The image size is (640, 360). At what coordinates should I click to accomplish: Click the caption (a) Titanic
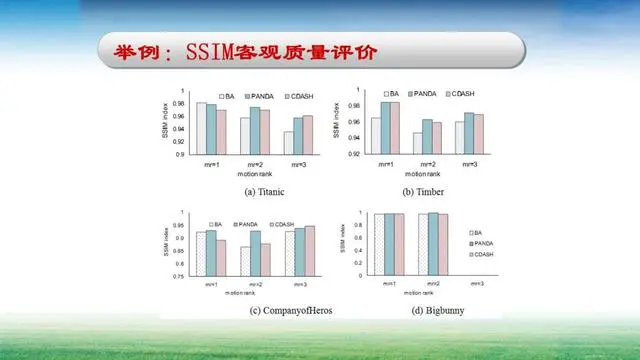point(245,189)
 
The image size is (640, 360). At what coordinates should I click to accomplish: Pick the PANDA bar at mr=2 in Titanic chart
point(255,130)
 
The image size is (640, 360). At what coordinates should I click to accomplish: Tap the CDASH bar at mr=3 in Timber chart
point(479,134)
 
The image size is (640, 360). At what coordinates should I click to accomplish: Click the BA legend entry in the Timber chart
point(393,93)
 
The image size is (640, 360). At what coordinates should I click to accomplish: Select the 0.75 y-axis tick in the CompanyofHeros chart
point(181,275)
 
